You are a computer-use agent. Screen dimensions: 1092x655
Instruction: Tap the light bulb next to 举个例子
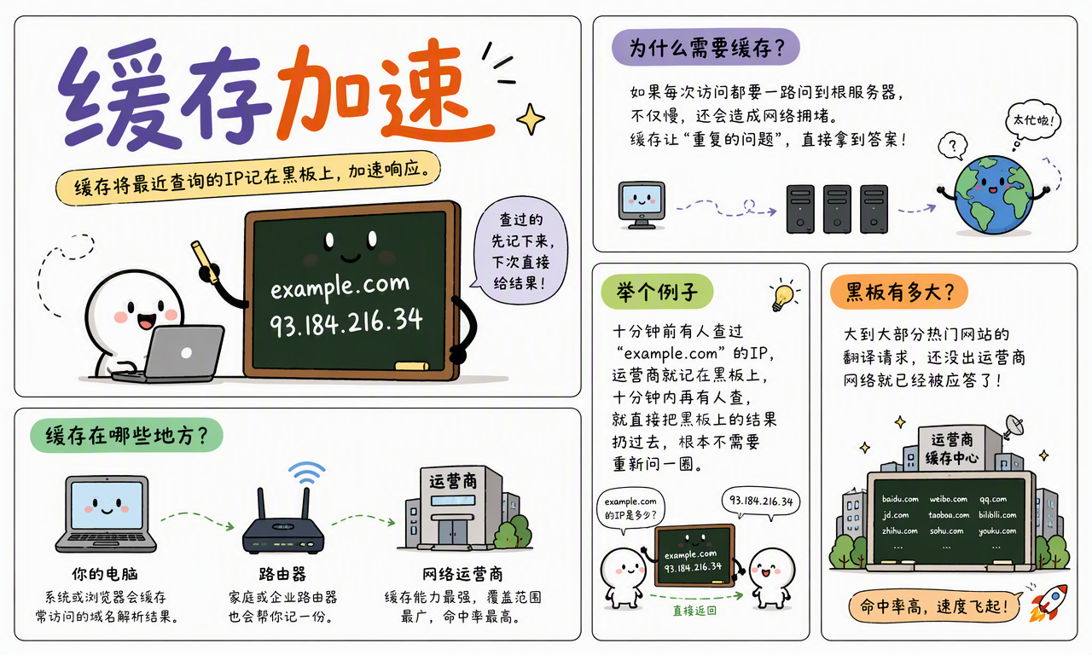click(783, 295)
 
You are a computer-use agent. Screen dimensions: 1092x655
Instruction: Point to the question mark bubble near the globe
click(953, 145)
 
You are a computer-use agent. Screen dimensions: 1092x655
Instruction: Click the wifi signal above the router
click(306, 472)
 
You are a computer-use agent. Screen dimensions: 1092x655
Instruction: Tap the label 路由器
click(282, 574)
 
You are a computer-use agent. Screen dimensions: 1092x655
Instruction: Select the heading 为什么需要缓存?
click(706, 47)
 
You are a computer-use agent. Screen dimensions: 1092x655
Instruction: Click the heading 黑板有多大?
click(899, 292)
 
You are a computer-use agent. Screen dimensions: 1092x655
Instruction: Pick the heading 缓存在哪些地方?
click(127, 435)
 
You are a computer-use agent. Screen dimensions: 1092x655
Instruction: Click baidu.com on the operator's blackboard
click(900, 499)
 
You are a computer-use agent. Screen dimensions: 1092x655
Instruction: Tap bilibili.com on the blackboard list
click(997, 514)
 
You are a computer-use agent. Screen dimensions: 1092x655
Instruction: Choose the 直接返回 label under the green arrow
click(694, 611)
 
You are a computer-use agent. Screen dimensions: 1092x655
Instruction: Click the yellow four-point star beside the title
click(531, 119)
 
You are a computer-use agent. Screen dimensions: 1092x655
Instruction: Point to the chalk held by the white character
click(205, 261)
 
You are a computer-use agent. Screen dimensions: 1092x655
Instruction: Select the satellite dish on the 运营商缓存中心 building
click(1013, 427)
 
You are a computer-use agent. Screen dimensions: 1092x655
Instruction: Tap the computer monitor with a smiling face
click(642, 205)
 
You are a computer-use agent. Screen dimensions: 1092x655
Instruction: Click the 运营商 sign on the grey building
click(453, 482)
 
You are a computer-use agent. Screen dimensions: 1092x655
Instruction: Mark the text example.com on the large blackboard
click(340, 286)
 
